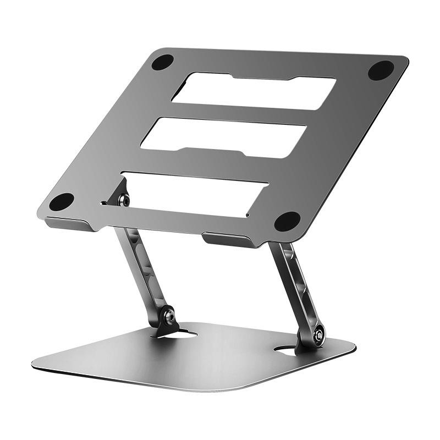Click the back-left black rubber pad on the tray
point(163,62)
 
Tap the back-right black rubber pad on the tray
point(381,70)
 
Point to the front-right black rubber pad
point(287,221)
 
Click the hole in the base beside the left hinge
point(189,333)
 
